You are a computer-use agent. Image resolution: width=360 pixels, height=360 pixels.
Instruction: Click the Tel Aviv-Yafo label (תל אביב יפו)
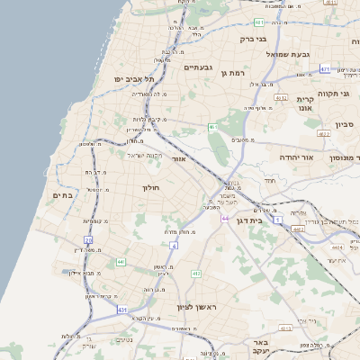pos(129,79)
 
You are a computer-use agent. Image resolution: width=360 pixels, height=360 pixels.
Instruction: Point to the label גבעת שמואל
pos(288,54)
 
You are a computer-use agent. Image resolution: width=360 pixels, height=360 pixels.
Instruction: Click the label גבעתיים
pos(197,67)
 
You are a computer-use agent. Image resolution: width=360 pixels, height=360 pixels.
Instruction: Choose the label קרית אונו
pos(306,103)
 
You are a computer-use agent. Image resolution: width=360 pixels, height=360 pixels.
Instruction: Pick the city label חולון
pos(150,188)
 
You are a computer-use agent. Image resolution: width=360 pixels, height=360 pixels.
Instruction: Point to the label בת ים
pos(62,195)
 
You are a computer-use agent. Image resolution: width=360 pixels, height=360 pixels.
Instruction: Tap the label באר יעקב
pos(261,347)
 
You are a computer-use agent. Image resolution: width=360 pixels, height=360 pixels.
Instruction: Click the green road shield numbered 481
pos(259,22)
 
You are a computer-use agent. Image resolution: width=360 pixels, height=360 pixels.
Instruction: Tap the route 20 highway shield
pos(88,240)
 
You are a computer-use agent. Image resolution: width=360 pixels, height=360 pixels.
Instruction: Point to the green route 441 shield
pos(119,262)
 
